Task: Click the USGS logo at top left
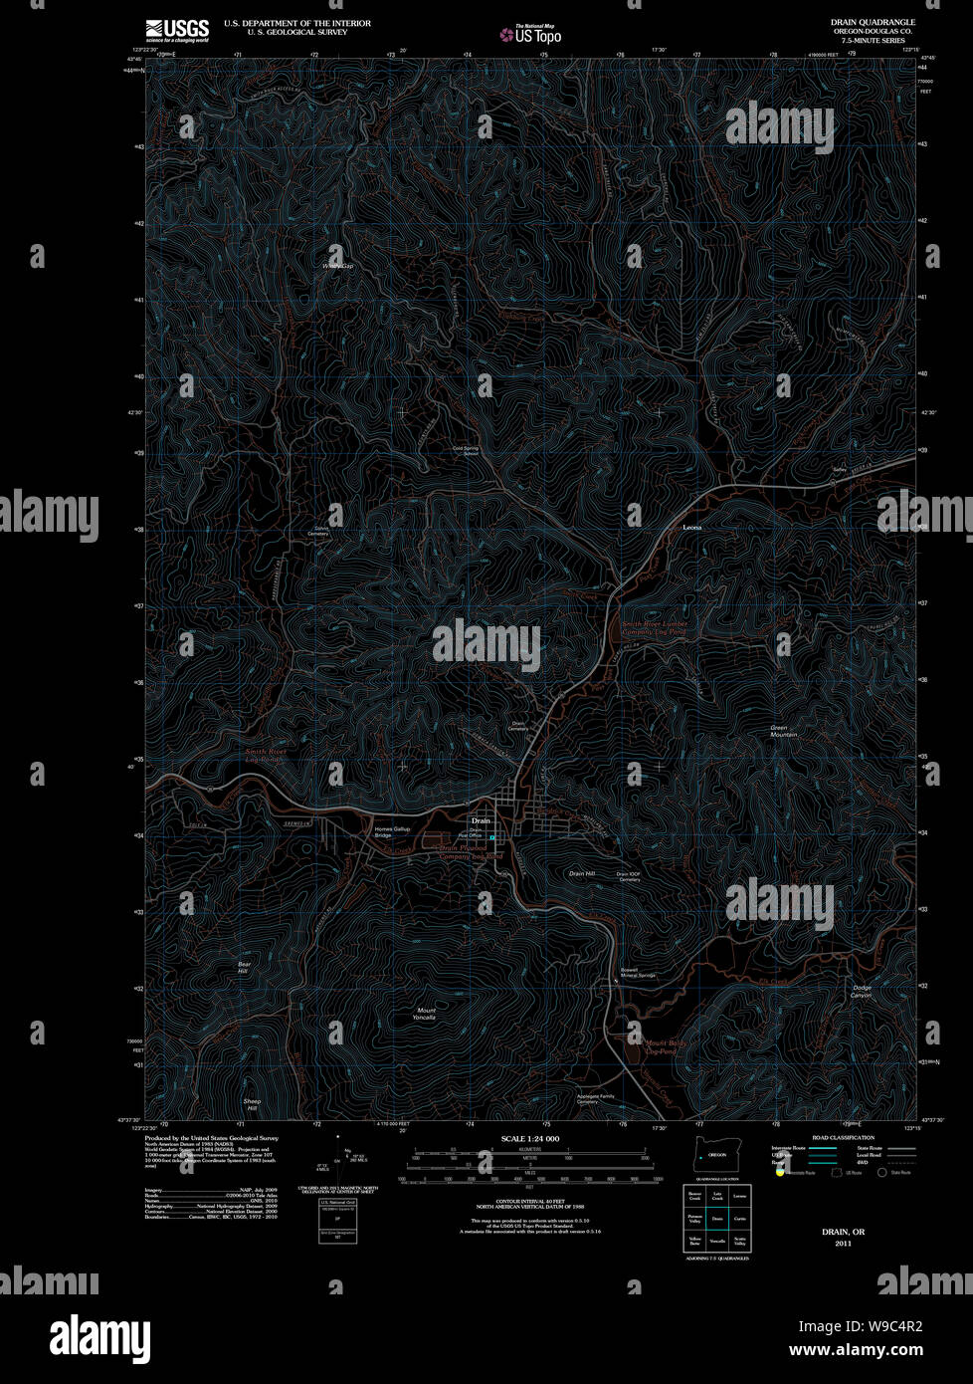coord(177,31)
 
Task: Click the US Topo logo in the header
coord(531,35)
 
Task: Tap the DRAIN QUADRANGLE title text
coord(873,21)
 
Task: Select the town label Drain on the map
coord(482,820)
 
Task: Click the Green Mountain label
coord(784,731)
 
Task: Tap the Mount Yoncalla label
coord(426,1014)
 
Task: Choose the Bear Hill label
coord(243,967)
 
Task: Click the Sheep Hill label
coord(252,1104)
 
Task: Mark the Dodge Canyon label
coord(862,991)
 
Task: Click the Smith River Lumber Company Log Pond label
coord(654,627)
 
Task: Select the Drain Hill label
coord(582,873)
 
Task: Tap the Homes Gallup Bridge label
coord(391,831)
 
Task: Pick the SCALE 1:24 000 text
coord(530,1138)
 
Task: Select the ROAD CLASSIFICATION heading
coord(843,1137)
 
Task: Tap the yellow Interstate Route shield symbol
coord(781,1173)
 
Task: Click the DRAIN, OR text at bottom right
coord(843,1232)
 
